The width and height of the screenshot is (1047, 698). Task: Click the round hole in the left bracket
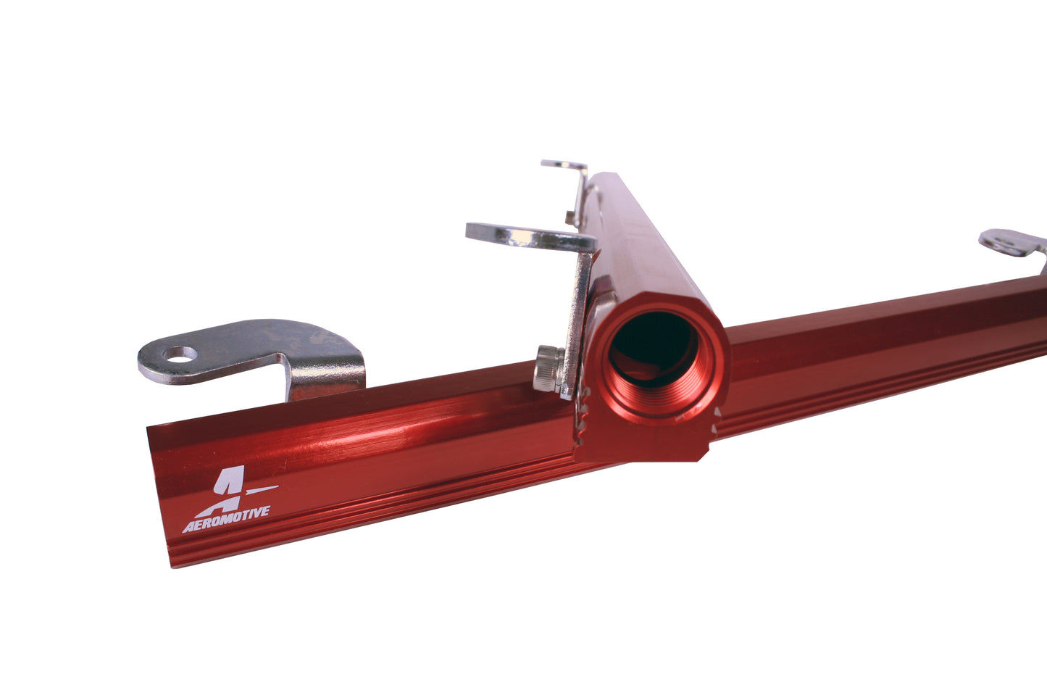pyautogui.click(x=181, y=354)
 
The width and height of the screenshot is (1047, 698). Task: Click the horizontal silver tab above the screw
pyautogui.click(x=525, y=236)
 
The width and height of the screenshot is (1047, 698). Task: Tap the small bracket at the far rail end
pyautogui.click(x=566, y=168)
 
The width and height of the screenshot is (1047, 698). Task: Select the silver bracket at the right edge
pyautogui.click(x=1014, y=243)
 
